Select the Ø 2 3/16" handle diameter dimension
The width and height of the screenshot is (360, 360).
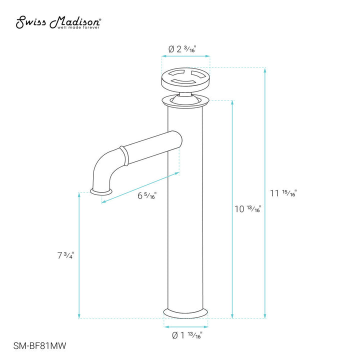(x=182, y=49)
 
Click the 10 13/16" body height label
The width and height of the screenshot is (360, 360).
(x=248, y=209)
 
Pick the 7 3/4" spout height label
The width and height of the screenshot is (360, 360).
(x=66, y=255)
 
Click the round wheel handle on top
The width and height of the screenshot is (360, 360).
(x=185, y=79)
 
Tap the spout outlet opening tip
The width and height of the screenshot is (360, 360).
(x=101, y=190)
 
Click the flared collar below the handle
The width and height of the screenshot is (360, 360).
(x=185, y=101)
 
